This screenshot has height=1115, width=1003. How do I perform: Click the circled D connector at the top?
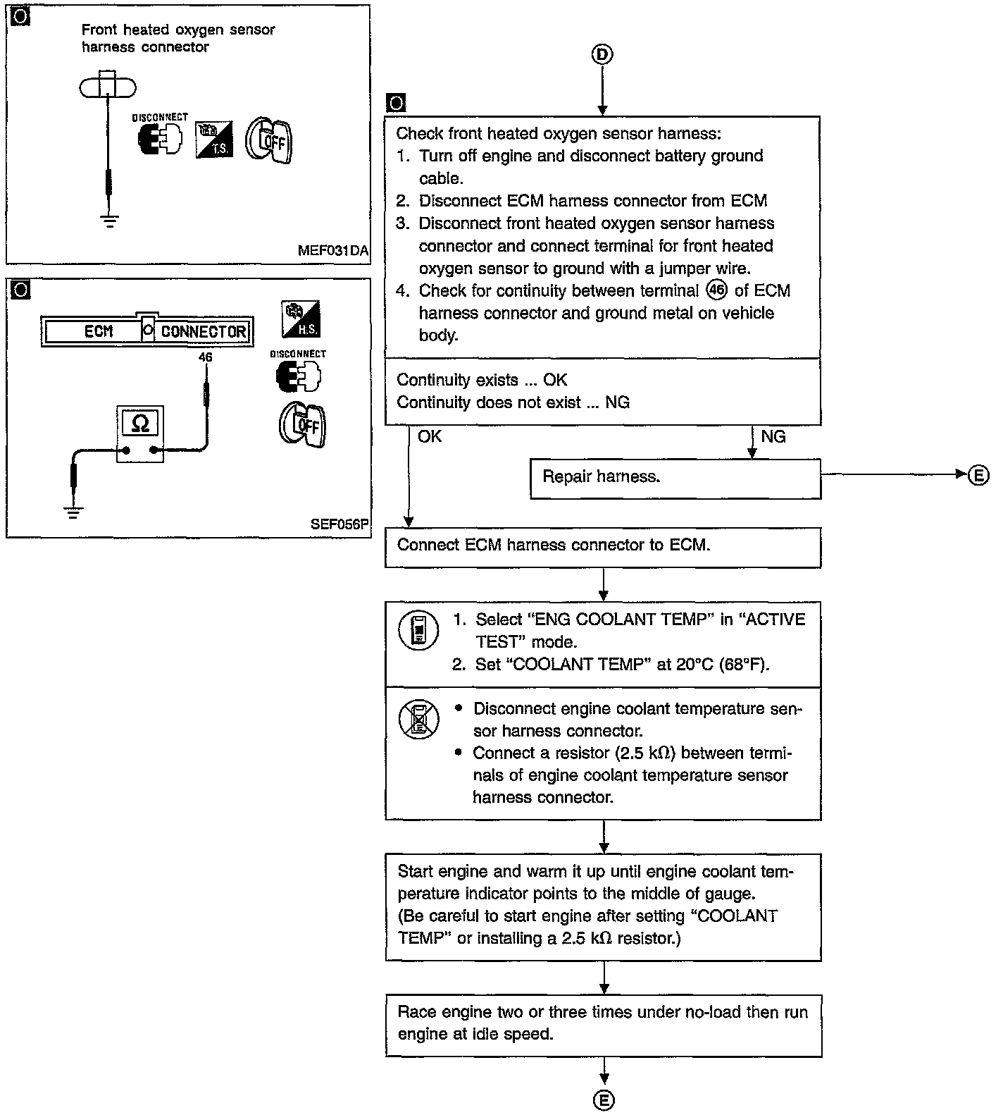pyautogui.click(x=602, y=55)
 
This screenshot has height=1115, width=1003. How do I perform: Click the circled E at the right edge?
pyautogui.click(x=978, y=476)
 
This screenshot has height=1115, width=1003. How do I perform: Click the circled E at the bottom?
pyautogui.click(x=604, y=1100)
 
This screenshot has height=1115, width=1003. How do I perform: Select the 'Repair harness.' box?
pyautogui.click(x=675, y=479)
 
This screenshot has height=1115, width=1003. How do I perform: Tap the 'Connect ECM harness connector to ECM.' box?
pyautogui.click(x=603, y=548)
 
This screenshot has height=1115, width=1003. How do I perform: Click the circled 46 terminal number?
pyautogui.click(x=716, y=290)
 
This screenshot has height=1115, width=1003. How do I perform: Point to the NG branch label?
pyautogui.click(x=773, y=437)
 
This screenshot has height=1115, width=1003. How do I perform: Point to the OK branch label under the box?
pyautogui.click(x=430, y=437)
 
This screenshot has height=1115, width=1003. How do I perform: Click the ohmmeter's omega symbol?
pyautogui.click(x=141, y=423)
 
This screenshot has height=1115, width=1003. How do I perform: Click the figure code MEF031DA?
pyautogui.click(x=333, y=251)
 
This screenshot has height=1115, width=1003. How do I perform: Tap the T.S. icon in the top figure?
pyautogui.click(x=214, y=139)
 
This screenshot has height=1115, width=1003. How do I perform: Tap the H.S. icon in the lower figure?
pyautogui.click(x=301, y=319)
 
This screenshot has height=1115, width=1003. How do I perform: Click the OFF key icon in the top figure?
pyautogui.click(x=269, y=140)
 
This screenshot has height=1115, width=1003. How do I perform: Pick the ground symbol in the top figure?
pyautogui.click(x=108, y=221)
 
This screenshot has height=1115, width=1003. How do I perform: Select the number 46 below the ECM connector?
pyautogui.click(x=205, y=357)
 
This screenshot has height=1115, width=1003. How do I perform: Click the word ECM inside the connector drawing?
pyautogui.click(x=98, y=331)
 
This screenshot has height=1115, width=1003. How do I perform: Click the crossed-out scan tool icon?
pyautogui.click(x=418, y=719)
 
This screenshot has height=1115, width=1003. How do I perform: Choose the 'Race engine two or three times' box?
pyautogui.click(x=604, y=1025)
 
